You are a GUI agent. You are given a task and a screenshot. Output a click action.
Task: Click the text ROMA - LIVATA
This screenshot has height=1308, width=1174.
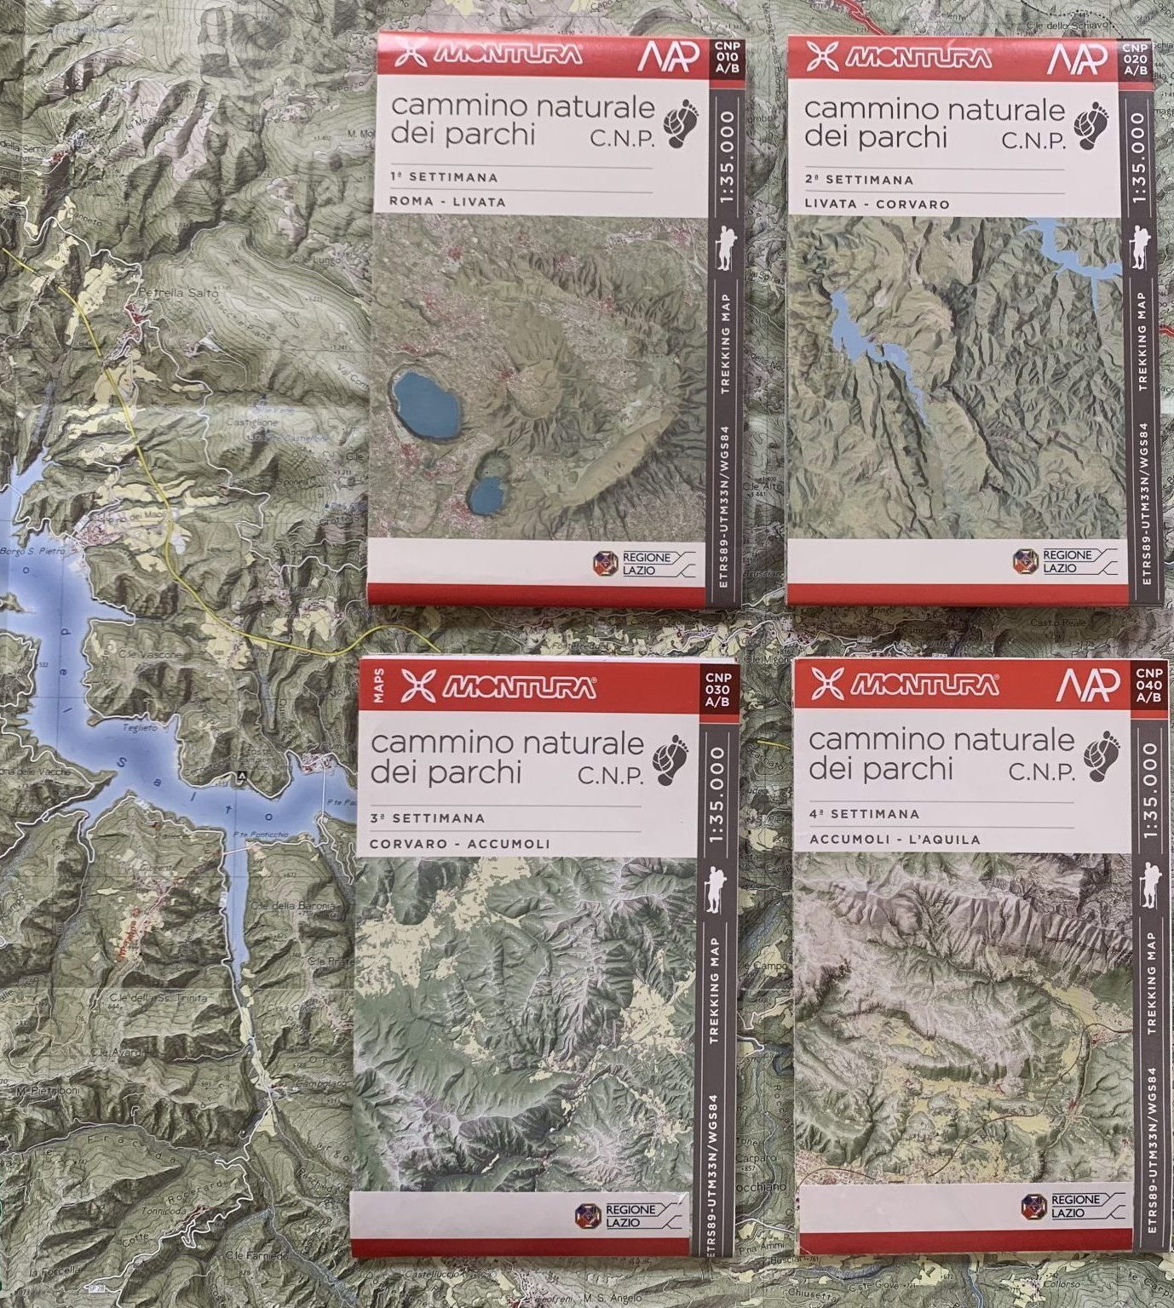tap(446, 203)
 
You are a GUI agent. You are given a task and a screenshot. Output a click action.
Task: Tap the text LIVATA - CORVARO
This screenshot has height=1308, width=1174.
tap(876, 204)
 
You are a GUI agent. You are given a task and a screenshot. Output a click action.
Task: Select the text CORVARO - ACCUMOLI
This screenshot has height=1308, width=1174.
tap(459, 845)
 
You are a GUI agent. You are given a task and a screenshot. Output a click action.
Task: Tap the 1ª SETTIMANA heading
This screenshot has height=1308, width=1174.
tap(443, 178)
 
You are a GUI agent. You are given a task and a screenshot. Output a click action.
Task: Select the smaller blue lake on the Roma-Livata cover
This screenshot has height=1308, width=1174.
tap(486, 495)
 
